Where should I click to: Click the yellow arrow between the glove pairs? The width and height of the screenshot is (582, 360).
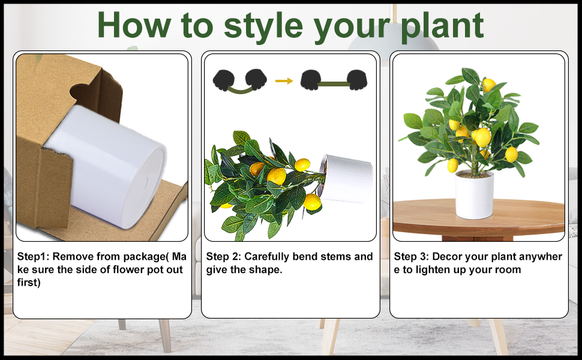coord(284,80)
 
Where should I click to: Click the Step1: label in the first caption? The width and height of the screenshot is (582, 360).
coord(33,257)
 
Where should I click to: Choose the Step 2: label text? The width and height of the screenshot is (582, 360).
coord(223,257)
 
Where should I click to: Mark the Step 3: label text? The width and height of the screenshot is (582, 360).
coord(411,257)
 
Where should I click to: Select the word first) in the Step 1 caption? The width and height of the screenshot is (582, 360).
coord(29,283)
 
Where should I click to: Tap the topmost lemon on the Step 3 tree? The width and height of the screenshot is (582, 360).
coord(489,85)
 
